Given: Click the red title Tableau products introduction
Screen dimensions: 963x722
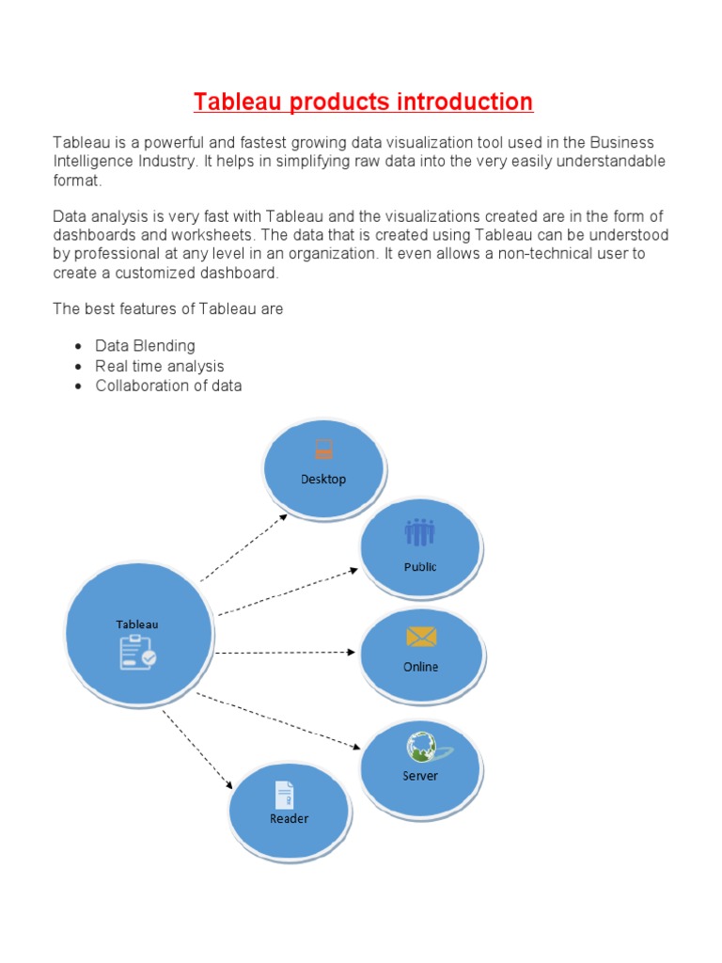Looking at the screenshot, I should click(x=363, y=102).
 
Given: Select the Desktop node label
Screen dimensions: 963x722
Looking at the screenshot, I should click(x=323, y=480).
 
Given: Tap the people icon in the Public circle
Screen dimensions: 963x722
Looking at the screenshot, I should click(x=420, y=533).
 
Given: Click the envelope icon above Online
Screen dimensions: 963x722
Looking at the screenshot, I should click(x=421, y=637).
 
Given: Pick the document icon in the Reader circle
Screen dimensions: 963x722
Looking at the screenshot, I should click(x=284, y=795).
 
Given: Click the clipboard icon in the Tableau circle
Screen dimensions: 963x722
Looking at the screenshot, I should click(x=137, y=652).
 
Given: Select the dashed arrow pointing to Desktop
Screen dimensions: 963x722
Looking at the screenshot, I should click(x=244, y=548).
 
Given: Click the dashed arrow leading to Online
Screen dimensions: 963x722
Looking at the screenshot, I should click(x=285, y=652).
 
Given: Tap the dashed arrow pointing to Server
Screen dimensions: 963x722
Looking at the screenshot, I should click(x=278, y=721).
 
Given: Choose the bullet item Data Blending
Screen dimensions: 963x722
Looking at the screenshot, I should click(x=145, y=346).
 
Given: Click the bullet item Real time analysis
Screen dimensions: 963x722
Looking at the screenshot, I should click(x=160, y=366).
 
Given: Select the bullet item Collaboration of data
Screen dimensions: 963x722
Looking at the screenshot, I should click(x=168, y=386).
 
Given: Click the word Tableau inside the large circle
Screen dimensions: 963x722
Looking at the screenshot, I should click(x=137, y=624).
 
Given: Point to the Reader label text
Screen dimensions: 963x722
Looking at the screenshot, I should click(x=290, y=819).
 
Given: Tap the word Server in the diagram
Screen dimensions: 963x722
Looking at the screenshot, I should click(x=420, y=777).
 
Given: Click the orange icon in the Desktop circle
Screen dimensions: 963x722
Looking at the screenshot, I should click(x=324, y=450).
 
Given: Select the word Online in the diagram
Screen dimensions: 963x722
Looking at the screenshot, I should click(x=421, y=668).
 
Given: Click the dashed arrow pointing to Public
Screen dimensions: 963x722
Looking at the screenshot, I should click(x=288, y=592).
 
